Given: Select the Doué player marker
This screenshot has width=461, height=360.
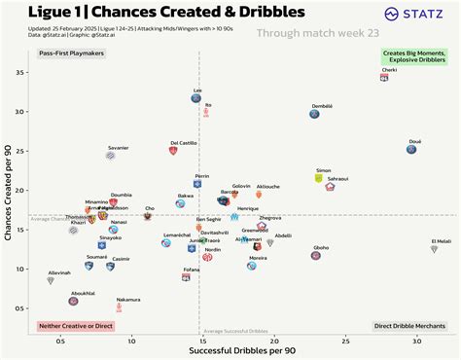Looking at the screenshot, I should [x=412, y=149].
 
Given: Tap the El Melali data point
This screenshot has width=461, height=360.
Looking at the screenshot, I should [x=435, y=249].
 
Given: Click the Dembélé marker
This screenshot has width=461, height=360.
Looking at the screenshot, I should [x=315, y=114].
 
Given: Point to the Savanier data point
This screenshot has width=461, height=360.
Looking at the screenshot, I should [x=111, y=155].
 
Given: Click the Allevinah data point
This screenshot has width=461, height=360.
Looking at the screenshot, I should [x=51, y=280].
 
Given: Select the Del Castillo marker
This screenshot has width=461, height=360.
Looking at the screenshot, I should [x=172, y=152].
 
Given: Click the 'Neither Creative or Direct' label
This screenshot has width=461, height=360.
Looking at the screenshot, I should [x=75, y=326].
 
